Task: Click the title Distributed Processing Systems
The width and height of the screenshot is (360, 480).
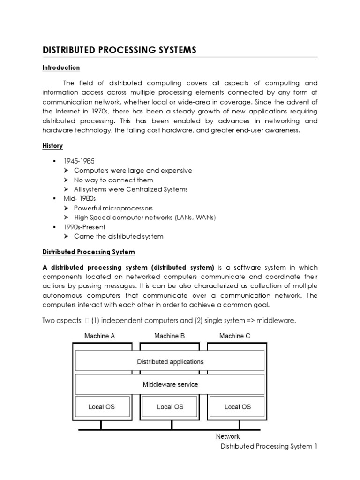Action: (120, 50)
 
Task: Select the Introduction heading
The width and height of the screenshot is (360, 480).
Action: (61, 68)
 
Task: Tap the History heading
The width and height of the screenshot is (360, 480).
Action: (52, 146)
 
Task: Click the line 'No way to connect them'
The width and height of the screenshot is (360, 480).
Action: (113, 180)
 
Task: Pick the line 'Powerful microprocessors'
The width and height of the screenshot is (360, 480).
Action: (113, 208)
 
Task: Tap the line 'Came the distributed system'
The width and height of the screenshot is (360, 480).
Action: (119, 236)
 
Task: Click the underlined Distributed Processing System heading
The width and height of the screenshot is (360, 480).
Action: (89, 252)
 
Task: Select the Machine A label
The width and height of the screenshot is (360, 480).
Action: (99, 336)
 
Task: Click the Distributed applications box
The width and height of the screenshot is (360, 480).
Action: (170, 362)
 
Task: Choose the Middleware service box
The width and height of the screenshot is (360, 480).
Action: (170, 384)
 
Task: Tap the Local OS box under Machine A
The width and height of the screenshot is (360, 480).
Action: (102, 407)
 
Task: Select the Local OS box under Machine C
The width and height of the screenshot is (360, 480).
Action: (238, 407)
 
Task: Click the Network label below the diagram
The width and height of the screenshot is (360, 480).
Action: (228, 436)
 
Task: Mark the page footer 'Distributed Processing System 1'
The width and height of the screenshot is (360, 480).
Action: (269, 447)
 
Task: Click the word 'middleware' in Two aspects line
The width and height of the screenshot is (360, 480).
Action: (276, 320)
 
